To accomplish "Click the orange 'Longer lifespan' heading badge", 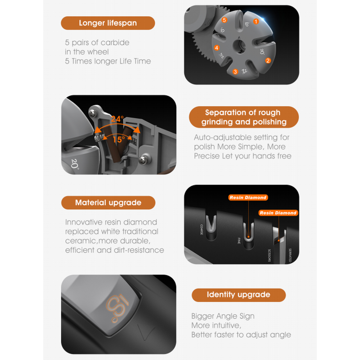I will (x=108, y=23).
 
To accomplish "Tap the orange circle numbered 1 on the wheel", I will (x=256, y=21).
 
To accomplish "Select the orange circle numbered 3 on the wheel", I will (x=235, y=72).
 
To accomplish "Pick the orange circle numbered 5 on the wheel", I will (x=224, y=20).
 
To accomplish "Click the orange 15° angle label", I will (x=118, y=140).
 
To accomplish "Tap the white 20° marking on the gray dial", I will (x=75, y=164).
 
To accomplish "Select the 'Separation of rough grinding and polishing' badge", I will (x=243, y=117).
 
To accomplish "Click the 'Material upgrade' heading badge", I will (x=108, y=202).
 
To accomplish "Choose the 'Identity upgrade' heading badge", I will (x=238, y=295).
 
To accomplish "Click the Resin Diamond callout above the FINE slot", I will (x=248, y=198).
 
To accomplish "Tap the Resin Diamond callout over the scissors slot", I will (x=278, y=213).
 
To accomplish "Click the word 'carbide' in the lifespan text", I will (x=115, y=43).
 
